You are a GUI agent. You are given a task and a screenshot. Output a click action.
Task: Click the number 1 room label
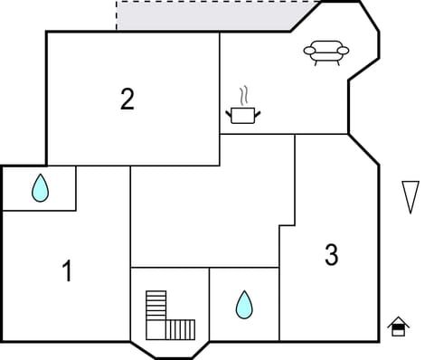[66, 270]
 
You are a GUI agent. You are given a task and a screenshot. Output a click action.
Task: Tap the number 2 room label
[127, 99]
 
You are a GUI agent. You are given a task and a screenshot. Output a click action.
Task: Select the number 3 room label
[331, 256]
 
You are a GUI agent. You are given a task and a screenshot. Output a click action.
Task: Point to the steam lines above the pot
[243, 96]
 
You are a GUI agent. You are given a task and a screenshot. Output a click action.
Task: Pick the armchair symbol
[325, 52]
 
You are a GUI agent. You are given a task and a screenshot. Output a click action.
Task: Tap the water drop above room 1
[40, 188]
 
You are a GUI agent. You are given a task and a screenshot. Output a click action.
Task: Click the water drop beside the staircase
[244, 305]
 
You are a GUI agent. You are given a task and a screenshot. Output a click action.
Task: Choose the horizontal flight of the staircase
[181, 328]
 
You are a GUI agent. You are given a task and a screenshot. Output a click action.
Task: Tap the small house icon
[398, 327]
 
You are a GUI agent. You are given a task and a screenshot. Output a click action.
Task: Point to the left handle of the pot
[229, 113]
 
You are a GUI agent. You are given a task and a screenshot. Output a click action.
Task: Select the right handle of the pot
[257, 113]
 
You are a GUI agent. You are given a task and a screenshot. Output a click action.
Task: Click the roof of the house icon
[398, 321]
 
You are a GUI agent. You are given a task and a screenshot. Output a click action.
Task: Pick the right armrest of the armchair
[343, 52]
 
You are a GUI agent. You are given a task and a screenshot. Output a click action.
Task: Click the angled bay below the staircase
[170, 349]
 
